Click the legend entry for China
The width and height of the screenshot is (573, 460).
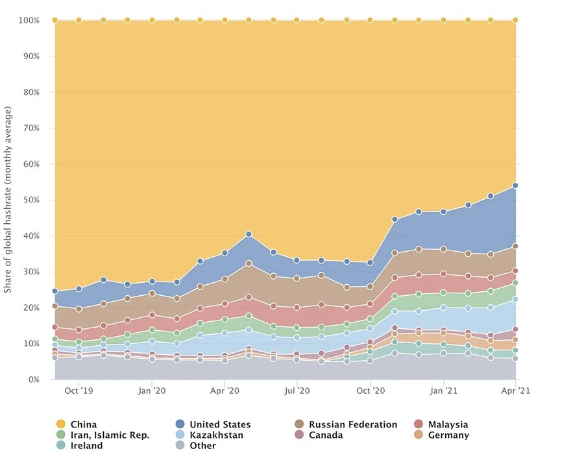pyautogui.click(x=83, y=424)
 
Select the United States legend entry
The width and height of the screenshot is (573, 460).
pyautogui.click(x=219, y=424)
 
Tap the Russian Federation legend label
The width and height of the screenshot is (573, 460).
pyautogui.click(x=352, y=424)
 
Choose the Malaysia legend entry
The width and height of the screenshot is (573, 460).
pyautogui.click(x=448, y=424)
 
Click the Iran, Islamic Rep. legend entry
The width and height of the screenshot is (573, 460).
pyautogui.click(x=110, y=435)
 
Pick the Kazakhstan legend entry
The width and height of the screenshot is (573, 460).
pyautogui.click(x=216, y=435)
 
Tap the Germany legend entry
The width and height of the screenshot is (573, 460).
pyautogui.click(x=448, y=435)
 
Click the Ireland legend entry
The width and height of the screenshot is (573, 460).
pyautogui.click(x=87, y=446)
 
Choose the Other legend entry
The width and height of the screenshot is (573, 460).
pyautogui.click(x=202, y=446)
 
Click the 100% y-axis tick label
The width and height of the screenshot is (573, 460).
pyautogui.click(x=29, y=21)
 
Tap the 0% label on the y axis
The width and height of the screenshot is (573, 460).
pyautogui.click(x=32, y=380)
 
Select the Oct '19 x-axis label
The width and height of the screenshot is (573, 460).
pyautogui.click(x=79, y=391)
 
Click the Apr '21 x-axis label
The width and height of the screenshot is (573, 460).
pyautogui.click(x=515, y=391)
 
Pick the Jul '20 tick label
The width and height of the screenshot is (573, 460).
pyautogui.click(x=297, y=391)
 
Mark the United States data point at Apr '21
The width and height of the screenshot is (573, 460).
pyautogui.click(x=515, y=186)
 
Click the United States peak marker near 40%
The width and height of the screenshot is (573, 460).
pyautogui.click(x=249, y=234)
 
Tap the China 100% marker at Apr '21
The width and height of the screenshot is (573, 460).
pyautogui.click(x=515, y=20)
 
